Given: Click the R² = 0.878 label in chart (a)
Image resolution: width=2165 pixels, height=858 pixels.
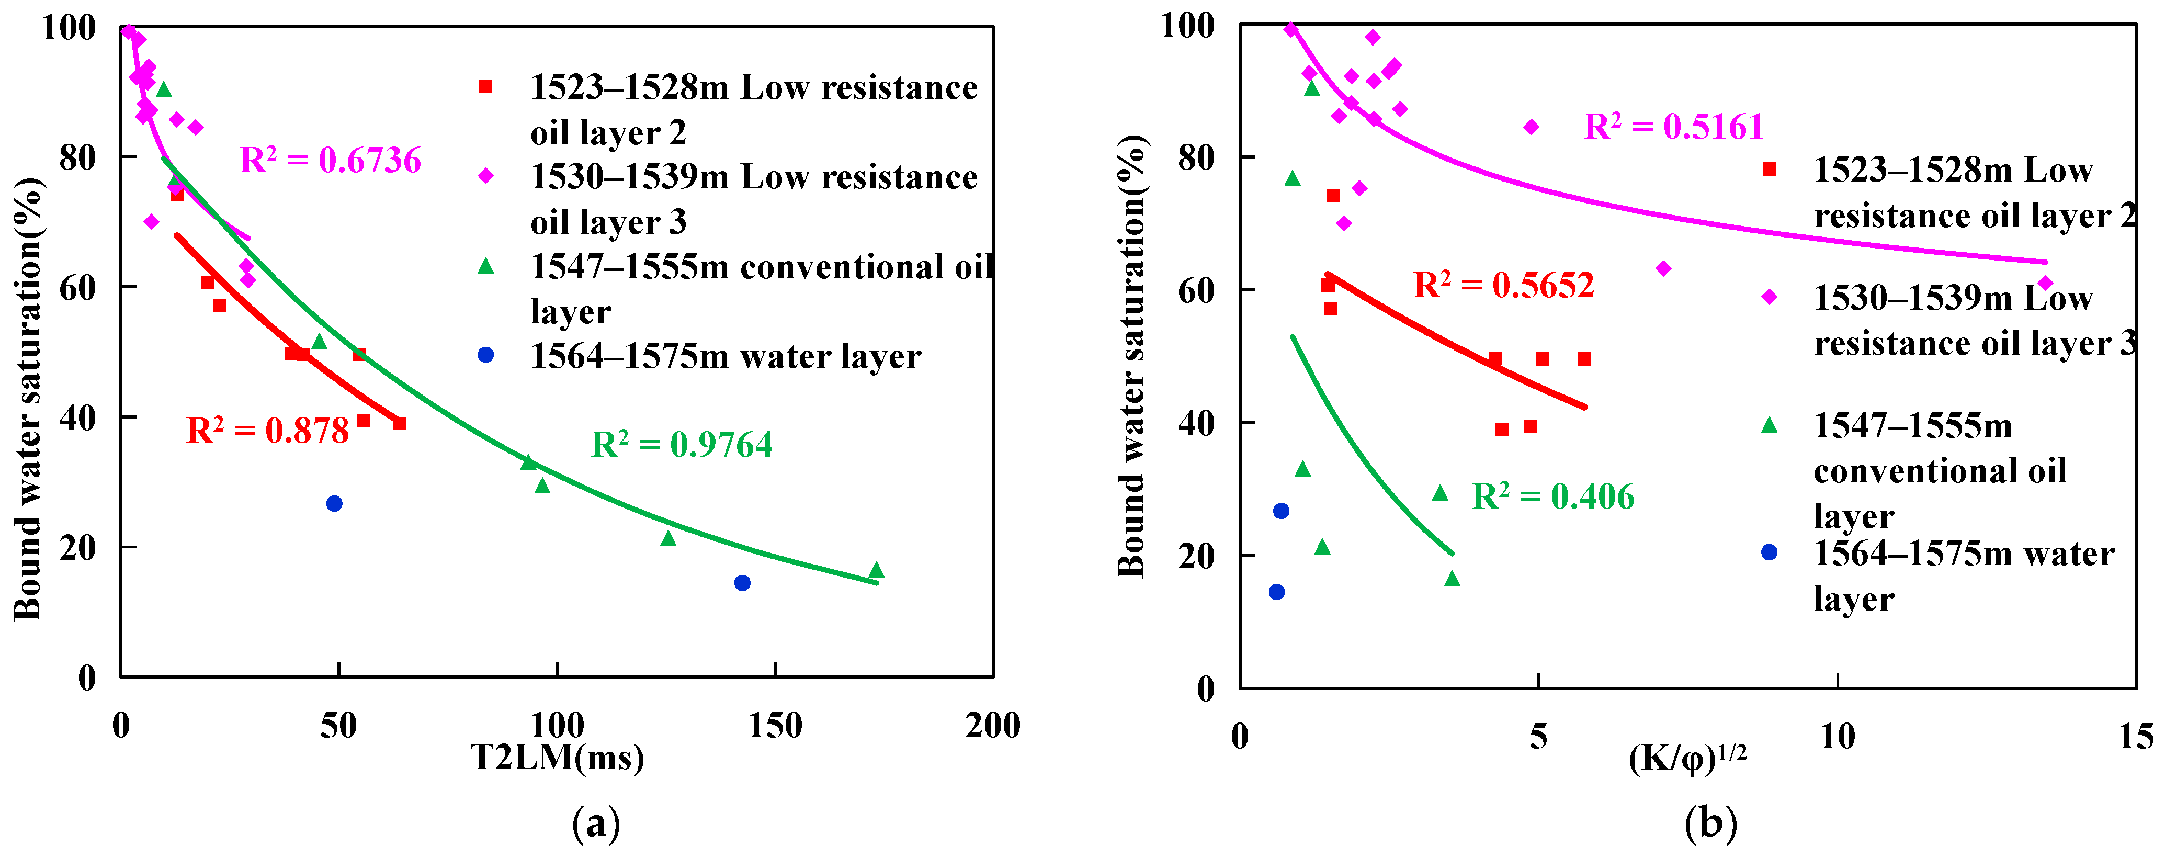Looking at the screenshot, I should [267, 430].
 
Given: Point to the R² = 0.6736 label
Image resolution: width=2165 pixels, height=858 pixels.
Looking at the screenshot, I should [330, 160].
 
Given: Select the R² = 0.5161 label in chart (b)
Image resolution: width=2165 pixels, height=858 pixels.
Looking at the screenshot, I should [1673, 126].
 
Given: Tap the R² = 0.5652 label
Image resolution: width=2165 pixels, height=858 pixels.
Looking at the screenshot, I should [1503, 285].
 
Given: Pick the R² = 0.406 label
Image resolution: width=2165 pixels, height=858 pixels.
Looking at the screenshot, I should [1553, 496].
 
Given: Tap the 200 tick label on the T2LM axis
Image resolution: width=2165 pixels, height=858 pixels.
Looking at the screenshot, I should [993, 725].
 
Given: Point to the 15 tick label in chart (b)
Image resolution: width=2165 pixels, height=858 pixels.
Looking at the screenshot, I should [2136, 737].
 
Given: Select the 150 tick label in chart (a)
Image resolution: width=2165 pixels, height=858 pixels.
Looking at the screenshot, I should [774, 725].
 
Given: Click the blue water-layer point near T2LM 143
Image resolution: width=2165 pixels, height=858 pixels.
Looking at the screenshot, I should [742, 582].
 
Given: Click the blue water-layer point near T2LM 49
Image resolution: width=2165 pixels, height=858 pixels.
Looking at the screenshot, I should [334, 503].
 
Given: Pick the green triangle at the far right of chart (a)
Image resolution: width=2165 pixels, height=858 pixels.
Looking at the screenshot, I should [877, 570].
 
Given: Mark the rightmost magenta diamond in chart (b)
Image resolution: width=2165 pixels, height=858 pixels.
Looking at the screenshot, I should [2045, 283].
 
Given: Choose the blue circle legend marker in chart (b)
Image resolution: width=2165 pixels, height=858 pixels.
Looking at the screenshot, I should [1769, 552].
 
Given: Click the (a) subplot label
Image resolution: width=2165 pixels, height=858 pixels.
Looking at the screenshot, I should [596, 823].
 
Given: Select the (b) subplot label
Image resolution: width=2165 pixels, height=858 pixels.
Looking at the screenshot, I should [1710, 823].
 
